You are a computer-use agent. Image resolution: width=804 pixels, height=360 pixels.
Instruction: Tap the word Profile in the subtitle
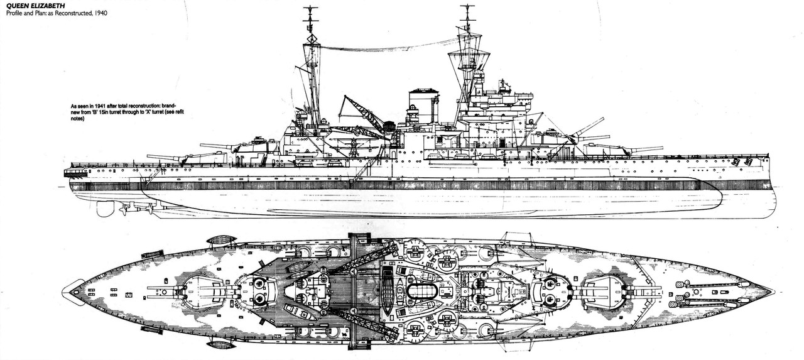[x=16, y=13]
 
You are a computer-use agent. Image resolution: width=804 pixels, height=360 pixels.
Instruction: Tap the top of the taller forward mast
[x=468, y=9]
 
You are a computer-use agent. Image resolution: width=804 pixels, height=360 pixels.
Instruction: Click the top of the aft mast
[x=310, y=10]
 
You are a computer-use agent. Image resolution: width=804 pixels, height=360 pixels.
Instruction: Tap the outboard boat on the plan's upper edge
[x=221, y=240]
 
